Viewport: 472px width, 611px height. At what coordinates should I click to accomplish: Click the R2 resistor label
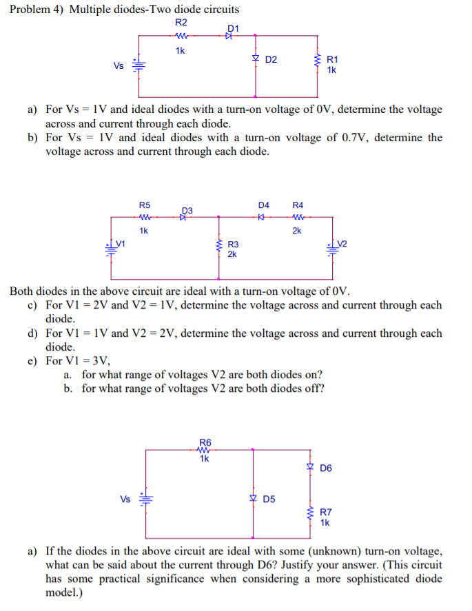[181, 23]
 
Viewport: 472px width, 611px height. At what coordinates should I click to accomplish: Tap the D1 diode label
[232, 28]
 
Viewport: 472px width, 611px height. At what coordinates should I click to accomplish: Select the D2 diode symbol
[256, 59]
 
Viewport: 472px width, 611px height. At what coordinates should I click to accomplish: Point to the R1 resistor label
[332, 60]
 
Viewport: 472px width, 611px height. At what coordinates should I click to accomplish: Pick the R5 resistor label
[145, 205]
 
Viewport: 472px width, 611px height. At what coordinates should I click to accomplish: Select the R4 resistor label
[298, 205]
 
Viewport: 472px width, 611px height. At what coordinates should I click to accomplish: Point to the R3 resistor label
[233, 245]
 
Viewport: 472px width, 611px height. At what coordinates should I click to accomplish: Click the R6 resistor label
[205, 442]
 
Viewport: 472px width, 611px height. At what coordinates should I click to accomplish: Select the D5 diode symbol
[254, 498]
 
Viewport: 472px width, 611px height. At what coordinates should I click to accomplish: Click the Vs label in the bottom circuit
[126, 498]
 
